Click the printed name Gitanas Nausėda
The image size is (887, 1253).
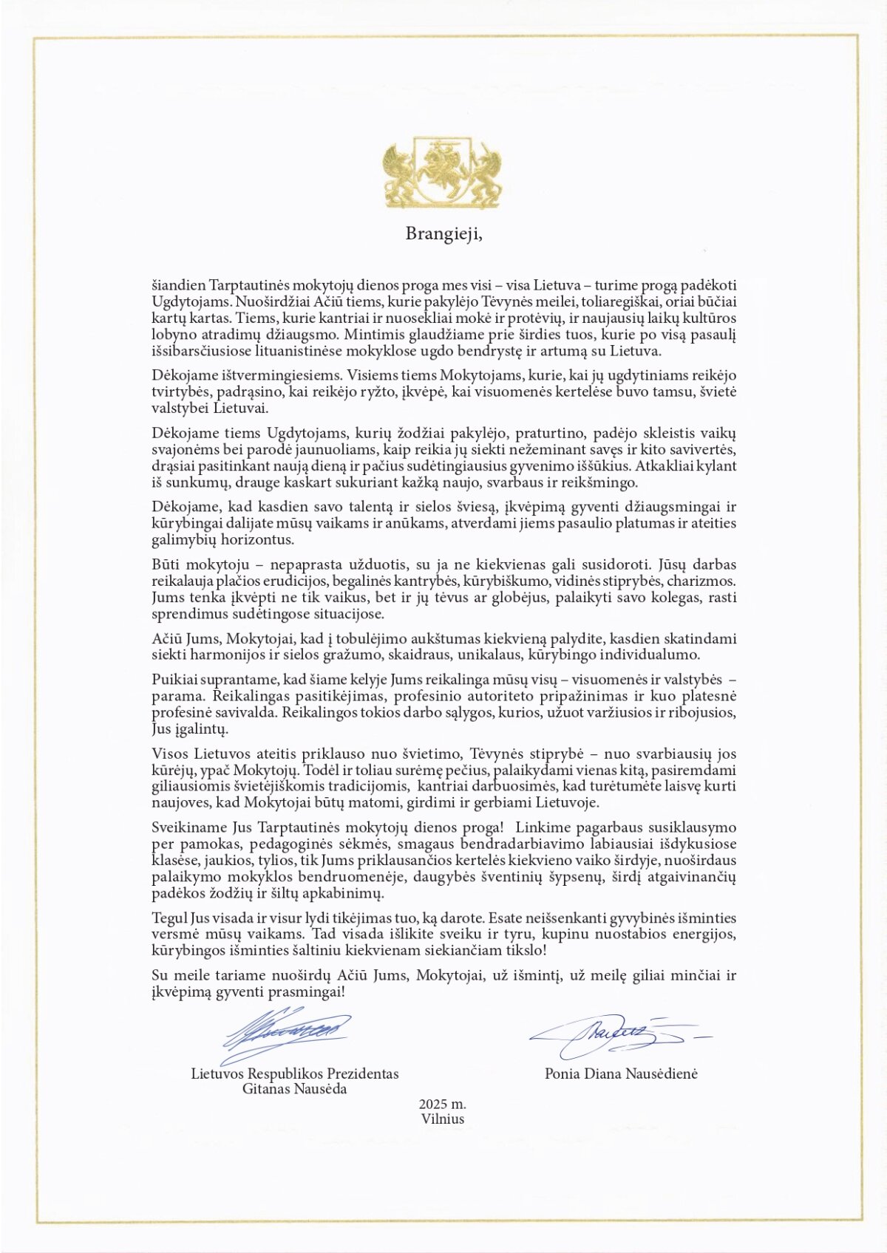[x=294, y=1089]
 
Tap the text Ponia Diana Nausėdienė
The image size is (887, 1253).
[x=621, y=1073]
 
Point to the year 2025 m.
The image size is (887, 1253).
[x=442, y=1105]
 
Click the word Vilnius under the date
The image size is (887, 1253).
[x=443, y=1119]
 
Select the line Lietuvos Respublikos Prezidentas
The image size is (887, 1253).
[x=294, y=1073]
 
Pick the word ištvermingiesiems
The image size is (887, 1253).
[x=273, y=375]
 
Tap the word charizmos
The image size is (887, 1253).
[x=701, y=581]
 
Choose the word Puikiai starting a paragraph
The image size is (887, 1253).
[x=174, y=680]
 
